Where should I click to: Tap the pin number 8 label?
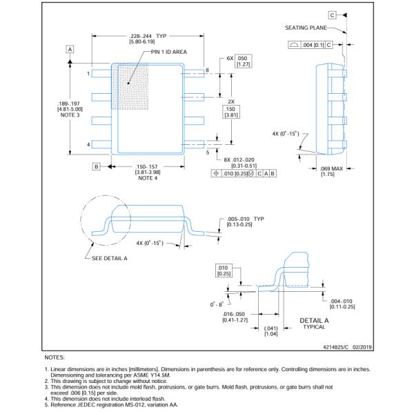pyautogui.click(x=206, y=70)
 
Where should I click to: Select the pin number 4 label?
pyautogui.click(x=89, y=144)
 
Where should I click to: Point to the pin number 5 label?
pyautogui.click(x=206, y=152)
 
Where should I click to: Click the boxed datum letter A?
pyautogui.click(x=70, y=49)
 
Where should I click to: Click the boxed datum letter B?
pyautogui.click(x=97, y=166)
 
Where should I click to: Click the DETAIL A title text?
pyautogui.click(x=315, y=320)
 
